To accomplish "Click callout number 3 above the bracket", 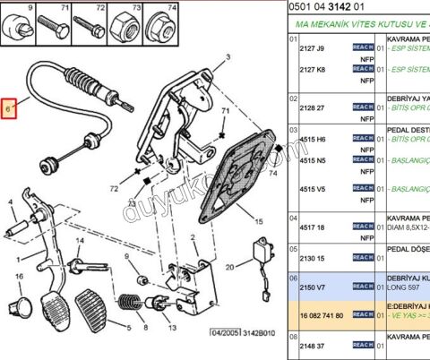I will [x=227, y=56].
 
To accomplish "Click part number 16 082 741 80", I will [x=322, y=315].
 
